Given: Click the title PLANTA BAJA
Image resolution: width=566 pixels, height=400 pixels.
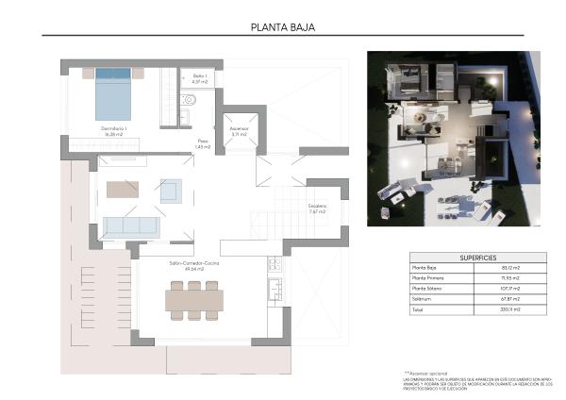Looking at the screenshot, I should pyautogui.click(x=282, y=27).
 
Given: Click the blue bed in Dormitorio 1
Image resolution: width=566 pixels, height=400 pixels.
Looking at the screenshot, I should pyautogui.click(x=113, y=92).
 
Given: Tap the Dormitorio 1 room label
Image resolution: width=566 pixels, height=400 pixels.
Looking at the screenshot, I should pyautogui.click(x=114, y=129).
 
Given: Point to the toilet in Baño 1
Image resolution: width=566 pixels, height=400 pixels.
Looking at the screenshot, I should pyautogui.click(x=189, y=100).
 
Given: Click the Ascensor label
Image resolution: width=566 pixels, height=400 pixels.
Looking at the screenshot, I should pyautogui.click(x=238, y=132).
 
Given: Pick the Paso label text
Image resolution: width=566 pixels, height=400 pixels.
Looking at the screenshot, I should pyautogui.click(x=202, y=143).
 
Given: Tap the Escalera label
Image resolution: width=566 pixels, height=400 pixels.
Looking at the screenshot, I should pyautogui.click(x=317, y=208).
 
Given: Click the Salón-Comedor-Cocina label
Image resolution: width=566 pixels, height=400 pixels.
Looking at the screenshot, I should pyautogui.click(x=193, y=265).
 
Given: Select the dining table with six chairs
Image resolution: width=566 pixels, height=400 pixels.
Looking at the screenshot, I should pyautogui.click(x=194, y=300).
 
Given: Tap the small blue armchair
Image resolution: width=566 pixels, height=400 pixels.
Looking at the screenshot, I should pyautogui.click(x=170, y=192).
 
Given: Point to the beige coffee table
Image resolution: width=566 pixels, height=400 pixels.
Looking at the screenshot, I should pyautogui.click(x=123, y=189).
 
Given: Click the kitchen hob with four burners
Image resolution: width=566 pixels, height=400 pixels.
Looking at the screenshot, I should pyautogui.click(x=275, y=263).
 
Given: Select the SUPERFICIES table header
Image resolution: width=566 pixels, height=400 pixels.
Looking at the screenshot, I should pyautogui.click(x=478, y=257).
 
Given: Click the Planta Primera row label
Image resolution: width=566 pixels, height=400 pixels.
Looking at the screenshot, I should pyautogui.click(x=428, y=279).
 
